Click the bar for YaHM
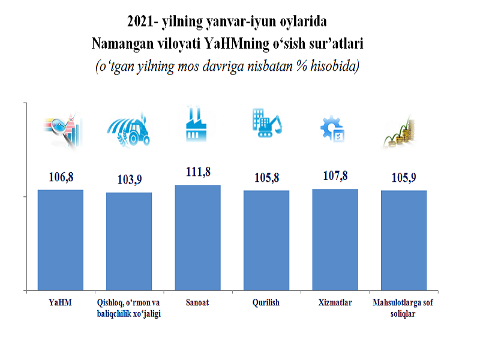pyautogui.click(x=61, y=240)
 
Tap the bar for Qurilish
pyautogui.click(x=266, y=241)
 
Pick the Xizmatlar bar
pyautogui.click(x=335, y=240)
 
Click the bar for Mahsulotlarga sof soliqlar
pyautogui.click(x=403, y=241)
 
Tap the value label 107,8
pyautogui.click(x=335, y=176)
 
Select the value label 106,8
pyautogui.click(x=61, y=177)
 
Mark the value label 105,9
pyautogui.click(x=403, y=178)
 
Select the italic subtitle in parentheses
pyautogui.click(x=227, y=66)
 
